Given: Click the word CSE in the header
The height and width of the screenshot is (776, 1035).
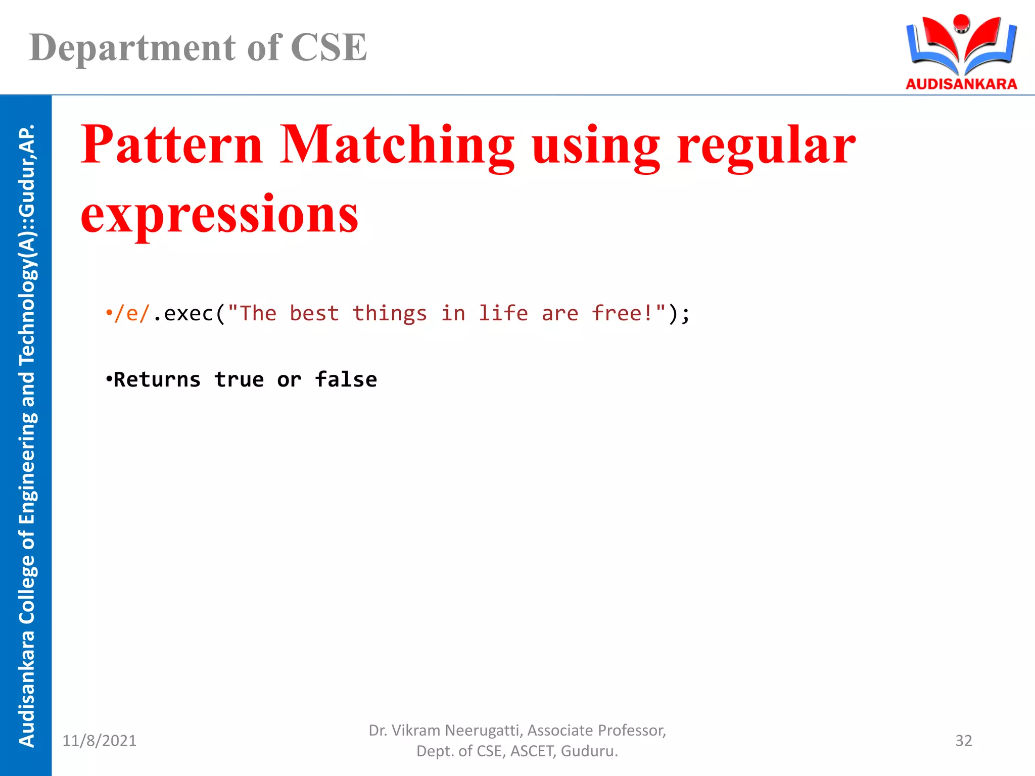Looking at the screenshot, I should tap(328, 47).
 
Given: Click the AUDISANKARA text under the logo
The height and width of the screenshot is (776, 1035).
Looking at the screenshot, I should tap(961, 84).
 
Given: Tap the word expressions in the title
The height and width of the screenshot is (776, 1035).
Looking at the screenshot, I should tap(219, 214).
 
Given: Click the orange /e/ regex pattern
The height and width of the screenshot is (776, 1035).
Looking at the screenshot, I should tap(132, 314).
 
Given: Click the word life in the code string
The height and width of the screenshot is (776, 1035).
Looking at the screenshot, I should tap(503, 314).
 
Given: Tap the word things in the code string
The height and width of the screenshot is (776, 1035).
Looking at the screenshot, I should tap(390, 314).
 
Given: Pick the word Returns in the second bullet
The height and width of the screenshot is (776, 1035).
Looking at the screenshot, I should tap(157, 380).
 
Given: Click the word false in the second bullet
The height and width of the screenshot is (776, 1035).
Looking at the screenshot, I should tap(346, 380).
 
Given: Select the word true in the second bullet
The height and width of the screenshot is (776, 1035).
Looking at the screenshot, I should tap(239, 380).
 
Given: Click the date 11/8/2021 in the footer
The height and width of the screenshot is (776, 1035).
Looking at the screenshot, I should tap(99, 741).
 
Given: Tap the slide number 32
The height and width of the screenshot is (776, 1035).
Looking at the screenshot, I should tap(964, 741).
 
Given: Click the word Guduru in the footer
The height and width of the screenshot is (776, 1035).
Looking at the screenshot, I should tap(588, 751).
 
